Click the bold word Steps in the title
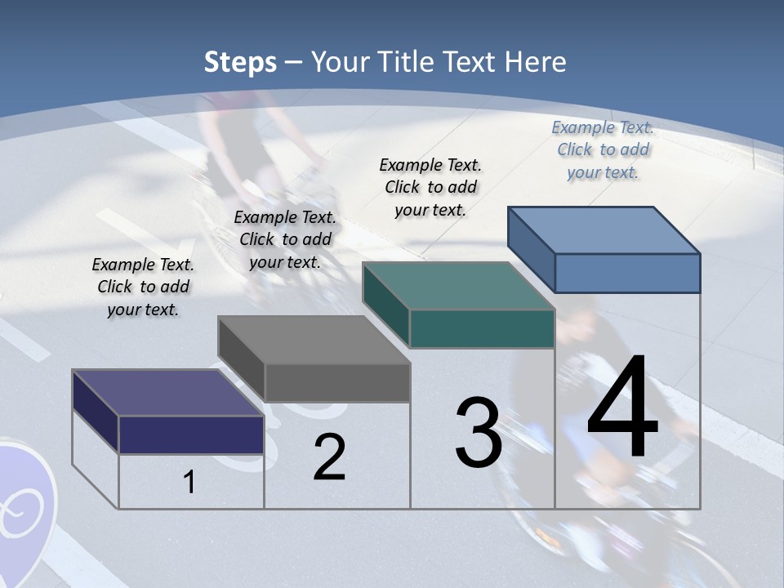(240, 62)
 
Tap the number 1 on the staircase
(189, 483)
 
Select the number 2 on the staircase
(329, 457)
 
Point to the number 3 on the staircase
(479, 433)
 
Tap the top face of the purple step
(167, 393)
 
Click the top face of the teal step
(458, 286)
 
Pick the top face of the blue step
(604, 230)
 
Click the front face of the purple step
(191, 434)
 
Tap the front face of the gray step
(336, 382)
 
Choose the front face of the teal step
(482, 328)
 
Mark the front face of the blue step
(627, 273)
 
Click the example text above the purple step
(143, 287)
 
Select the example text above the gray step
(285, 239)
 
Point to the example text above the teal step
(430, 187)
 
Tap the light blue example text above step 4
(603, 149)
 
